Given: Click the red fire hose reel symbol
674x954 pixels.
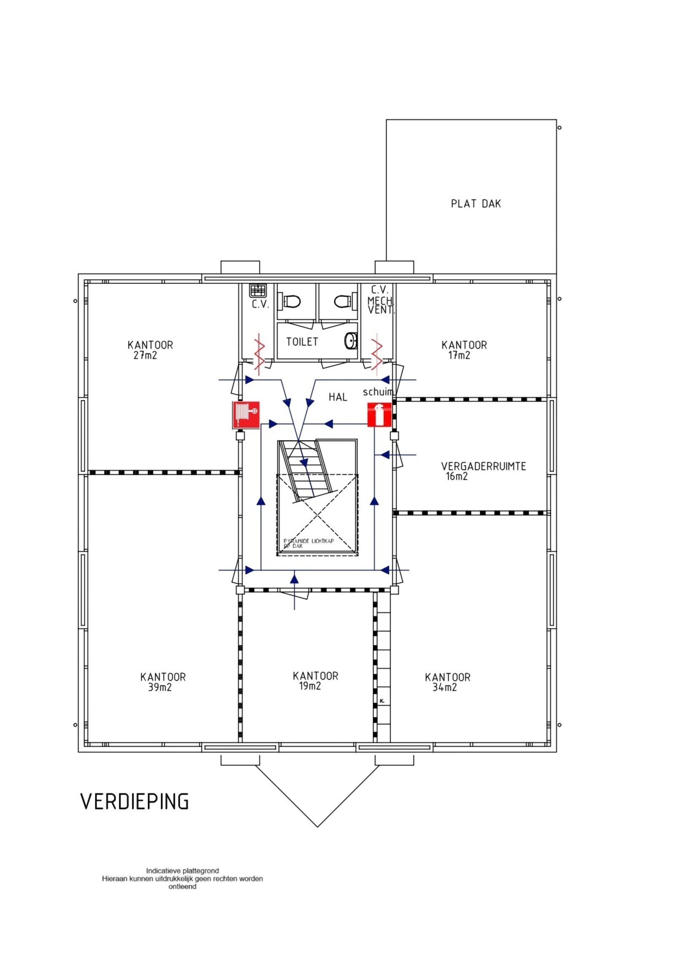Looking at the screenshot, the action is (x=246, y=415).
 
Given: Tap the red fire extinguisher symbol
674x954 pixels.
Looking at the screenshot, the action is (x=379, y=415).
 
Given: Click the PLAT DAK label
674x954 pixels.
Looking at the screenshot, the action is (x=476, y=204).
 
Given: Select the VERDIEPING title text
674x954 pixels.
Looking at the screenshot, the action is (x=134, y=802).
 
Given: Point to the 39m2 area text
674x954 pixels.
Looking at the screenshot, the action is (x=160, y=687).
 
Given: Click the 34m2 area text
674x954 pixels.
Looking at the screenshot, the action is (x=444, y=687).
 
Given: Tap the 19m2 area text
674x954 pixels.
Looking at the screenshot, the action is (x=310, y=686).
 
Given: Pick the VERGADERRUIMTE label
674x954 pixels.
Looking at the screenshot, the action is (x=484, y=466).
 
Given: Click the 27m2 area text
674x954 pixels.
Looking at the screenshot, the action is (x=145, y=355).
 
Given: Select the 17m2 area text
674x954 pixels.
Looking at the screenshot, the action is (x=459, y=355).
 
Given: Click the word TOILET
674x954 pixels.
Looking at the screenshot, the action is (x=302, y=342).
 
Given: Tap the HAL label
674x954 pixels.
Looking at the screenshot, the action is (x=338, y=397).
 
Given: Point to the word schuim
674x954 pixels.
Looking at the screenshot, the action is (x=378, y=392).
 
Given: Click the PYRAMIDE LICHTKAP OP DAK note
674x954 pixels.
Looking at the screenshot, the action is (x=308, y=543).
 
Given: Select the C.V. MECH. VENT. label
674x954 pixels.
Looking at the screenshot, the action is (x=380, y=300).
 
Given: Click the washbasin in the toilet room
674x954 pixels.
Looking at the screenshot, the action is (x=351, y=341).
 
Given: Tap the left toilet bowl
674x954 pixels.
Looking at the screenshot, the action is (x=291, y=302).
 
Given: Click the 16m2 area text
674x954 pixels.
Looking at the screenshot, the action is (x=457, y=476).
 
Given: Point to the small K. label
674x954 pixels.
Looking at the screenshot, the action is (x=382, y=700).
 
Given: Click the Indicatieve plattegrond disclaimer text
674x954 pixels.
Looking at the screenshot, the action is (x=182, y=879).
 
